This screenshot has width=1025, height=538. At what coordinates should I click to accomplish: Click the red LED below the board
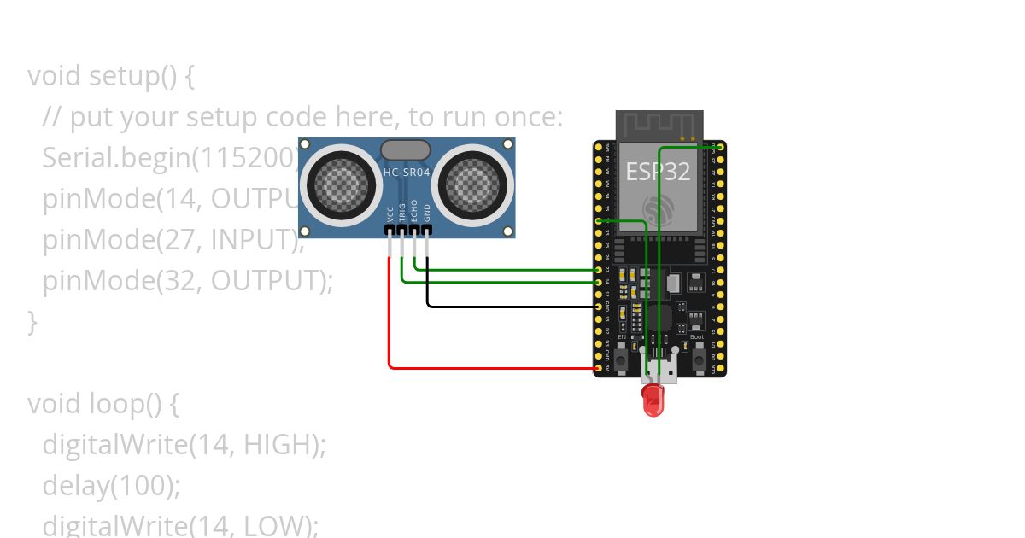[x=653, y=400]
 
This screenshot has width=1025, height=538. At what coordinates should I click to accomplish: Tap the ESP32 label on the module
[x=658, y=171]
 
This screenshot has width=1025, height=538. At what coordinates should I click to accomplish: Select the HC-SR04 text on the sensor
[x=406, y=173]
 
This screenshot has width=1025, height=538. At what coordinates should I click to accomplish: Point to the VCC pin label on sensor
[x=390, y=213]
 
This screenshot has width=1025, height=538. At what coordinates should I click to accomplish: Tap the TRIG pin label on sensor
[x=402, y=213]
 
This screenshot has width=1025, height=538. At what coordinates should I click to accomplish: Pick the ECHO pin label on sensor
[x=414, y=212]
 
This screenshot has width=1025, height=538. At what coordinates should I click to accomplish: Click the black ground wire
[x=512, y=306]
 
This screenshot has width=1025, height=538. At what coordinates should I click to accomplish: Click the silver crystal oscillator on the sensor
[x=406, y=150]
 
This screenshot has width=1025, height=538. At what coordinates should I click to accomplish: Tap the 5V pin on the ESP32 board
[x=598, y=369]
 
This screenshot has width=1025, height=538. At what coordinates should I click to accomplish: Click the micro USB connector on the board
[x=659, y=369]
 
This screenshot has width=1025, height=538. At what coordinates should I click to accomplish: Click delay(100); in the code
[x=111, y=485]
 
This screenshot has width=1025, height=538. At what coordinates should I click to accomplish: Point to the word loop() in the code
[x=133, y=403]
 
